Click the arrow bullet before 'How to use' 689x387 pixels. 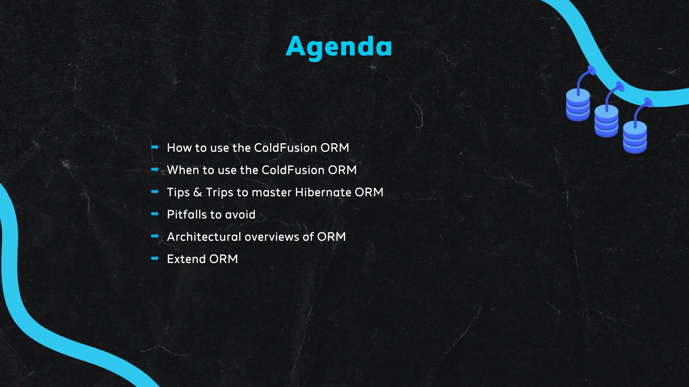point(155,147)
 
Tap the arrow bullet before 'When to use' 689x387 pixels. point(155,169)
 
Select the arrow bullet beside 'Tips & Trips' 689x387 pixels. point(155,191)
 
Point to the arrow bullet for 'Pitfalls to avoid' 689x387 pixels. point(155,214)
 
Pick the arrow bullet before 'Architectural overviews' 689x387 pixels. point(155,236)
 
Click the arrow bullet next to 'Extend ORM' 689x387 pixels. point(155,258)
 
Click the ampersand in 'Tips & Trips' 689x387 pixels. point(198,192)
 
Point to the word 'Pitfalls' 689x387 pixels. point(186,214)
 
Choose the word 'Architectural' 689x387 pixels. point(204,237)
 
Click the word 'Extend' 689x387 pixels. point(186,259)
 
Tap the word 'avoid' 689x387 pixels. point(240,214)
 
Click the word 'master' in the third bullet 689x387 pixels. point(271,192)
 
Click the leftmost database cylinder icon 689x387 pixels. point(578,105)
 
